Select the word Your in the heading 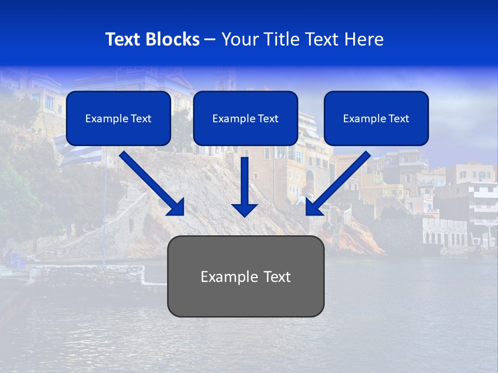click(238, 39)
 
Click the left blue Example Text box click(118, 118)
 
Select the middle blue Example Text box click(245, 118)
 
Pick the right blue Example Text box click(376, 118)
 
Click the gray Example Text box click(245, 276)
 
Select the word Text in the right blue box click(398, 119)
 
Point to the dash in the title click(210, 39)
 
